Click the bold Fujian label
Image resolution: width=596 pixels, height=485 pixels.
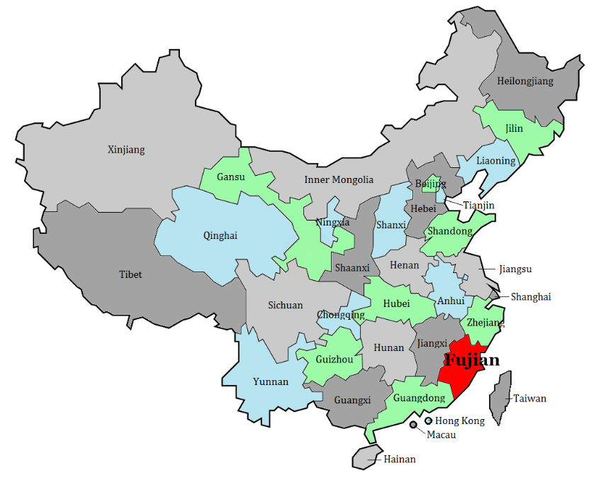471,360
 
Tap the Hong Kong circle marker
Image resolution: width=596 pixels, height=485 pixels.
428,420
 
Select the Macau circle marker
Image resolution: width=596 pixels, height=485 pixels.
413,425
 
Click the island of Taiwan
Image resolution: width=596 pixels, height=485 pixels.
502,397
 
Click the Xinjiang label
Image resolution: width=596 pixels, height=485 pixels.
126,150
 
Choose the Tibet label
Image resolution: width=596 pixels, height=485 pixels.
130,274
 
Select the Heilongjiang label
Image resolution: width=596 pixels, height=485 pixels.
525,81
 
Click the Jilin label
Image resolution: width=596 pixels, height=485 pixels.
515,129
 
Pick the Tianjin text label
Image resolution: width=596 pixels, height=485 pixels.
478,206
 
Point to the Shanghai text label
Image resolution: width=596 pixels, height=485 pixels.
531,297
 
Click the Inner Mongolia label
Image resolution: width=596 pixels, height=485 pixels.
339,179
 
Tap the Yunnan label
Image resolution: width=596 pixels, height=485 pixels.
271,381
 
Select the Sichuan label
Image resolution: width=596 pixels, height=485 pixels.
285,306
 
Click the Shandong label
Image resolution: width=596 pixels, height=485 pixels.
449,231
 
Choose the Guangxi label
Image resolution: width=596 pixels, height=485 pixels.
352,400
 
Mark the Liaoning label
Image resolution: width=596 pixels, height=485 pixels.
496,161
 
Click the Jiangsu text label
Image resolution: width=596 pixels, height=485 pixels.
515,269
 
